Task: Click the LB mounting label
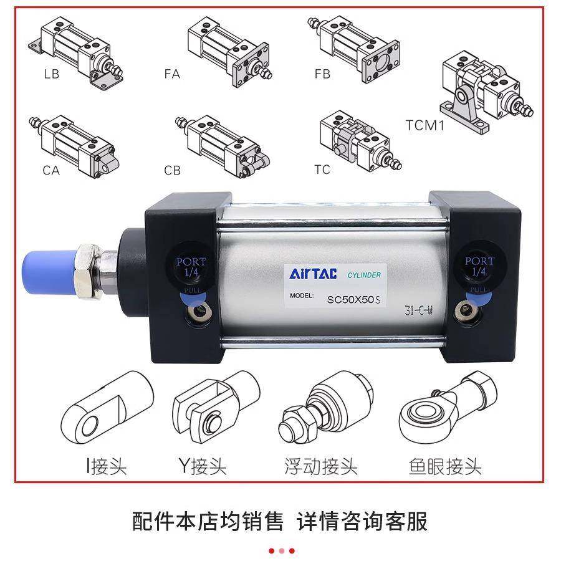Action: click(x=52, y=74)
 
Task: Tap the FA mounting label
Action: click(x=172, y=74)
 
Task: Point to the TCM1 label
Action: click(x=425, y=125)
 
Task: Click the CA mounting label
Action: click(x=52, y=170)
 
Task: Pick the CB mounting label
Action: click(x=172, y=170)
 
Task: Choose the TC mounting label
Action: click(x=322, y=170)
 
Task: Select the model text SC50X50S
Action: click(x=353, y=299)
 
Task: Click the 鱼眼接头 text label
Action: click(x=445, y=466)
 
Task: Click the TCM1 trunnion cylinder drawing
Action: click(x=480, y=93)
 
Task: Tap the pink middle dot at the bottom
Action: click(x=282, y=550)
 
